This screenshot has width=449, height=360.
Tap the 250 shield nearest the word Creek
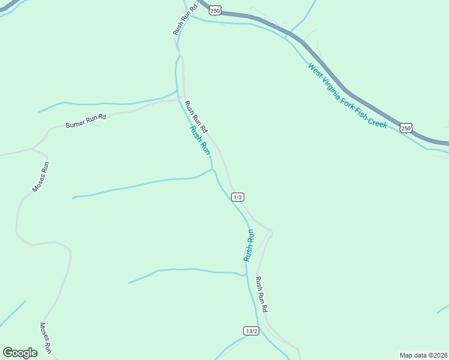[x=406, y=128]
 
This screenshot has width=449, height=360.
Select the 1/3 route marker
[x=238, y=197]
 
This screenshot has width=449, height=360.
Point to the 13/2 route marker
[x=252, y=331]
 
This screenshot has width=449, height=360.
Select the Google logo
[x=20, y=353]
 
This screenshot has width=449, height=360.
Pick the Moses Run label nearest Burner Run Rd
[x=40, y=177]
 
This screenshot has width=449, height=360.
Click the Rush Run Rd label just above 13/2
[x=261, y=294]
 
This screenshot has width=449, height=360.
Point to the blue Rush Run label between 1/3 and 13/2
[x=249, y=245]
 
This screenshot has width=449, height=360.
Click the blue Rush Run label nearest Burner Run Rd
[x=199, y=140]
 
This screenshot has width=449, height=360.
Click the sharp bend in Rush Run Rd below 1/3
[x=272, y=232]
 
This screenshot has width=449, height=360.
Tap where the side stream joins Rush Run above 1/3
[x=212, y=169]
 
